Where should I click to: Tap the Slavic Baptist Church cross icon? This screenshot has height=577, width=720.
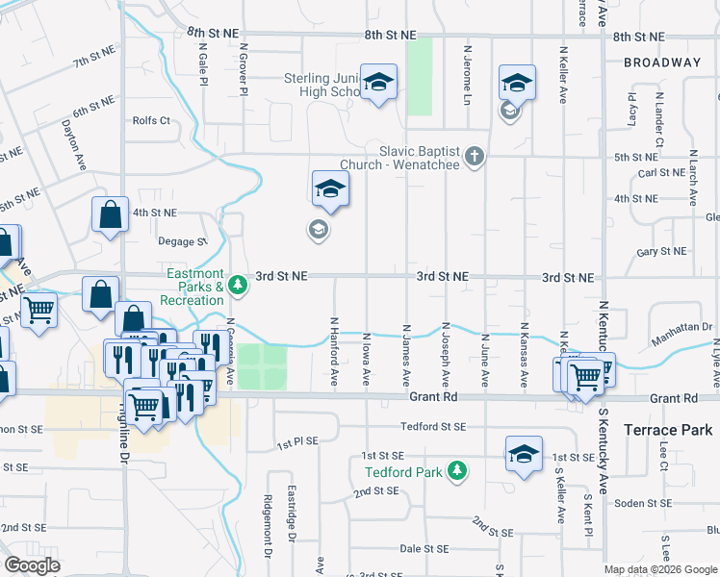point(473,156)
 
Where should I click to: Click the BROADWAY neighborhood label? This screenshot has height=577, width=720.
point(662,63)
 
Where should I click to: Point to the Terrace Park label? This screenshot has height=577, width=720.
point(668,430)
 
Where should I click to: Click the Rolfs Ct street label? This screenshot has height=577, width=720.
point(151,121)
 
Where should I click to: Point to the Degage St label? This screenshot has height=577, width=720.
point(183,241)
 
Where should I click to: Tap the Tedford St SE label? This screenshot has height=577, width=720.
point(433,427)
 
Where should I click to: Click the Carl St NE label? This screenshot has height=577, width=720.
point(661,174)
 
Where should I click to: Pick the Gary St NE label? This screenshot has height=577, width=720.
point(662,252)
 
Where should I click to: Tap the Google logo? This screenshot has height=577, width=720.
point(33,564)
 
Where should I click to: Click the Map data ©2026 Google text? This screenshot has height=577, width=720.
point(659,570)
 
